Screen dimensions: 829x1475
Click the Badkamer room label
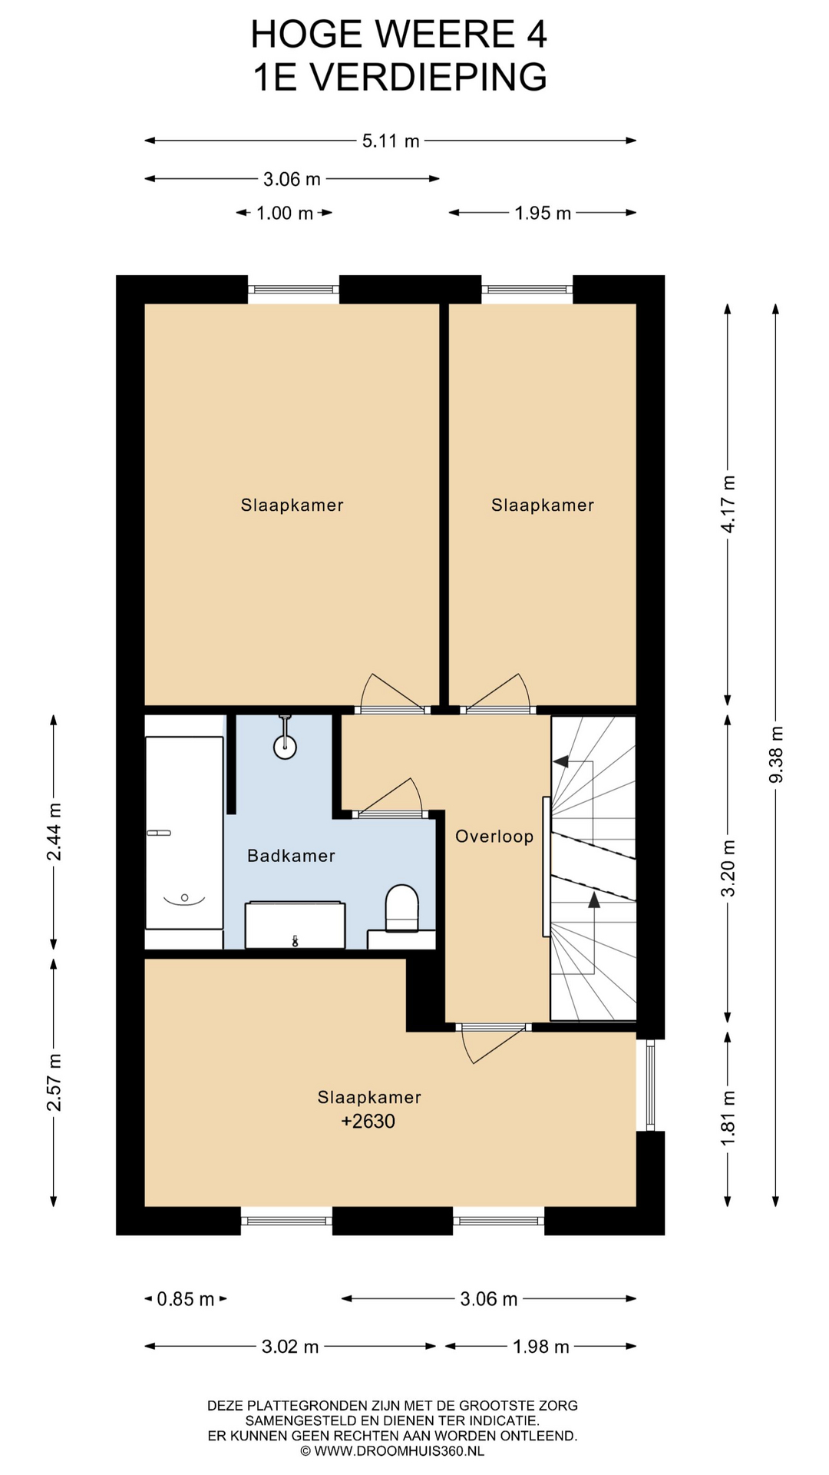291,856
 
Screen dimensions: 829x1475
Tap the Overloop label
494,837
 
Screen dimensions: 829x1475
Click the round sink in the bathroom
286,746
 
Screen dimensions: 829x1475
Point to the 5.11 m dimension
391,141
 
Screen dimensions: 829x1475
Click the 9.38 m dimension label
776,754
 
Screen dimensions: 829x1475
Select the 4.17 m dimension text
728,504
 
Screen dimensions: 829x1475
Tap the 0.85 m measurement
186,1299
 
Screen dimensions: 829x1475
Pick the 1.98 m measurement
541,1346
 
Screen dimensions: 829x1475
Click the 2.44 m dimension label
54,832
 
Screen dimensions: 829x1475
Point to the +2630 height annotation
368,1121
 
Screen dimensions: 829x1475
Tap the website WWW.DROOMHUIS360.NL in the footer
399,1451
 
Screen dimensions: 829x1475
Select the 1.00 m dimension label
285,213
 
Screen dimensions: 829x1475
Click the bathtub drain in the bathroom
184,897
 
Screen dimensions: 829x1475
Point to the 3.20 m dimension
728,867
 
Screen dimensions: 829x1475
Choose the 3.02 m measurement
290,1346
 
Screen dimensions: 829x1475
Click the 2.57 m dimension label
54,1082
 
